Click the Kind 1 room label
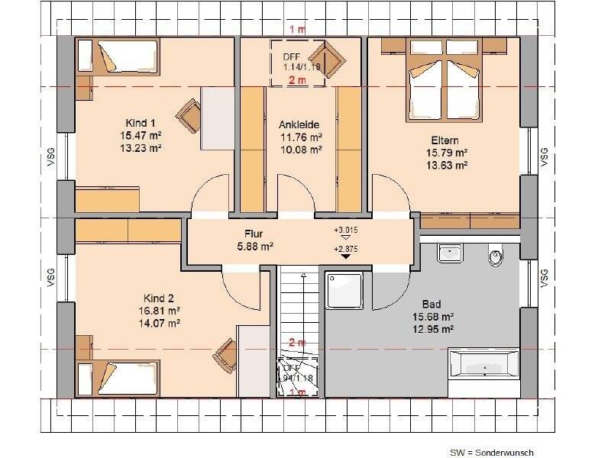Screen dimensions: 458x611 coord(141,123)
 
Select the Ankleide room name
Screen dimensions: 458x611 coord(299,124)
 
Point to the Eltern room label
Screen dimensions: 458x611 coord(446,140)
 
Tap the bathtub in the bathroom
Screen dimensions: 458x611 coord(485,363)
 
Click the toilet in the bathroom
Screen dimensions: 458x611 coord(496,256)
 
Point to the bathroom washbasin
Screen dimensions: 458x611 coord(451,252)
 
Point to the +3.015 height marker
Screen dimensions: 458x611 coord(345,230)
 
